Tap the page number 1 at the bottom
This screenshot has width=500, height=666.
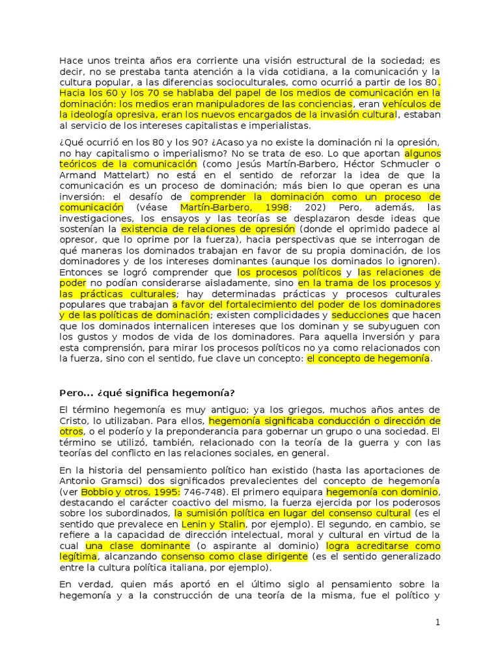[x=438, y=622]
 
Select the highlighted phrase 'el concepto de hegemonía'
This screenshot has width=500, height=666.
[x=368, y=358]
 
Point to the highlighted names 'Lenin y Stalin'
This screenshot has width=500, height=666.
[x=222, y=524]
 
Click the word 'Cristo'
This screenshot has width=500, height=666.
[x=74, y=420]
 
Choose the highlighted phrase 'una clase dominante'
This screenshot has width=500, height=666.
[x=138, y=546]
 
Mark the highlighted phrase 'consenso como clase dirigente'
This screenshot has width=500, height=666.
[x=234, y=557]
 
